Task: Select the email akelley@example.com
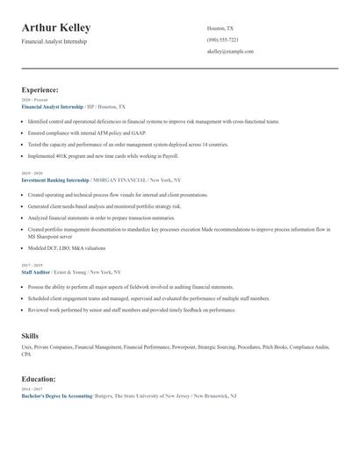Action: pyautogui.click(x=230, y=52)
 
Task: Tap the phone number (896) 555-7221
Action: pyautogui.click(x=222, y=40)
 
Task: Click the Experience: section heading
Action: pyautogui.click(x=40, y=89)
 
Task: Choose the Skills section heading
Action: pyautogui.click(x=30, y=335)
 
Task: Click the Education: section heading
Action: pyautogui.click(x=39, y=379)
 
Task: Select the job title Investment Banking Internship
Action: pyautogui.click(x=55, y=179)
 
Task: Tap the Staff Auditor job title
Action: pyautogui.click(x=37, y=272)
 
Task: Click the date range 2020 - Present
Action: pyautogui.click(x=33, y=101)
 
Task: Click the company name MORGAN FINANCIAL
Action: pyautogui.click(x=121, y=179)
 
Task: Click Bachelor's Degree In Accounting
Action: pyautogui.click(x=57, y=396)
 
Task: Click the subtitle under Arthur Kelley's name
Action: pyautogui.click(x=54, y=41)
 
